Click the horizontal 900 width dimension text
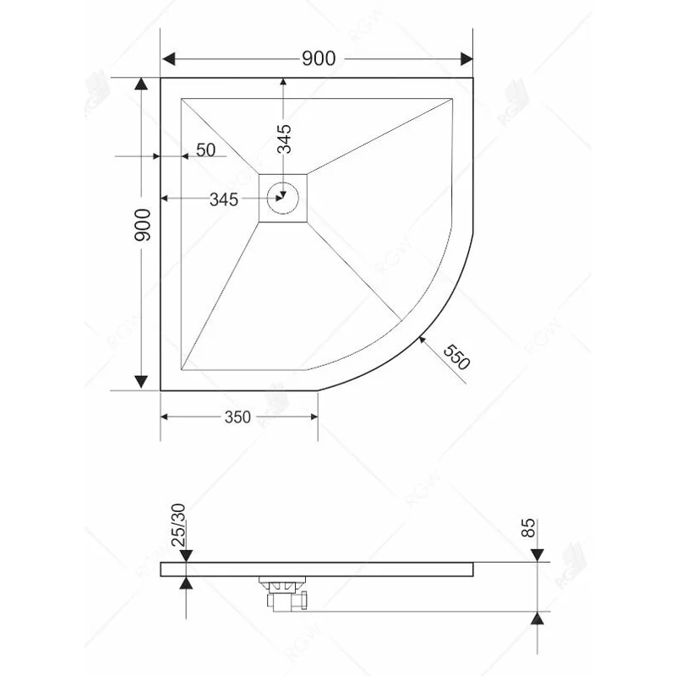coord(319,58)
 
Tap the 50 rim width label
coord(205,150)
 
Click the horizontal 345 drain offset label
coord(223,199)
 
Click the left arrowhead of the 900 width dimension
coord(168,58)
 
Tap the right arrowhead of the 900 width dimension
coord(466,58)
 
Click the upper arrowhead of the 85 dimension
coord(538,556)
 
